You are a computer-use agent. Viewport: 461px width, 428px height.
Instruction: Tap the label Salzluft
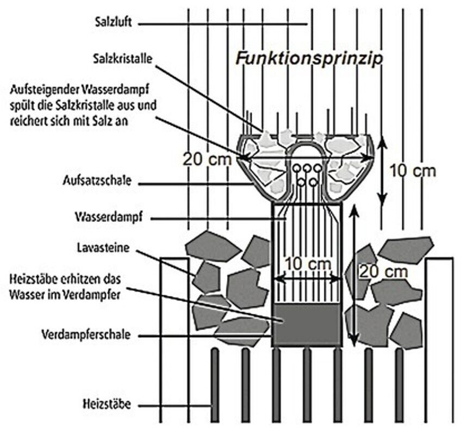[x=108, y=23]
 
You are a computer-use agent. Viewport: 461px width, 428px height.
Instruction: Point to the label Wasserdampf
[x=109, y=218]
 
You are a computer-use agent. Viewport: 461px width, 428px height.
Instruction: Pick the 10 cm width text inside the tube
[x=308, y=263]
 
